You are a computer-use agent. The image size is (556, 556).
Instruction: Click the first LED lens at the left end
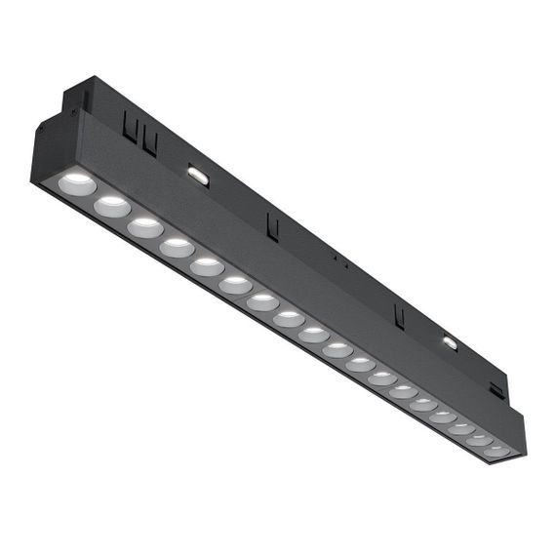point(77,183)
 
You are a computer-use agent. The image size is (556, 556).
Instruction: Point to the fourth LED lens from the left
point(177,248)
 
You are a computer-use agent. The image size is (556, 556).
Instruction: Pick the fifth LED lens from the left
point(207,266)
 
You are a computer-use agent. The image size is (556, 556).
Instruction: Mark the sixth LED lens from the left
point(235,285)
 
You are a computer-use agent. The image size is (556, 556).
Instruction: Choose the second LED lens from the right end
point(479,439)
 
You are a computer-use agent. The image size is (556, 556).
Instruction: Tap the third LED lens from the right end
point(461,427)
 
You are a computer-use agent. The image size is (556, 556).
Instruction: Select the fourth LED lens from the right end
point(443,416)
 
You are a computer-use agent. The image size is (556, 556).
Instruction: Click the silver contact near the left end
point(198,176)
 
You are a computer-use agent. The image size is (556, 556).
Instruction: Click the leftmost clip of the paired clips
point(129,126)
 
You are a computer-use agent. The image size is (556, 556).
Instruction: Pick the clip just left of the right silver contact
point(398,315)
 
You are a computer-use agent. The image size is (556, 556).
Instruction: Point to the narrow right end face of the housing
point(518,436)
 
